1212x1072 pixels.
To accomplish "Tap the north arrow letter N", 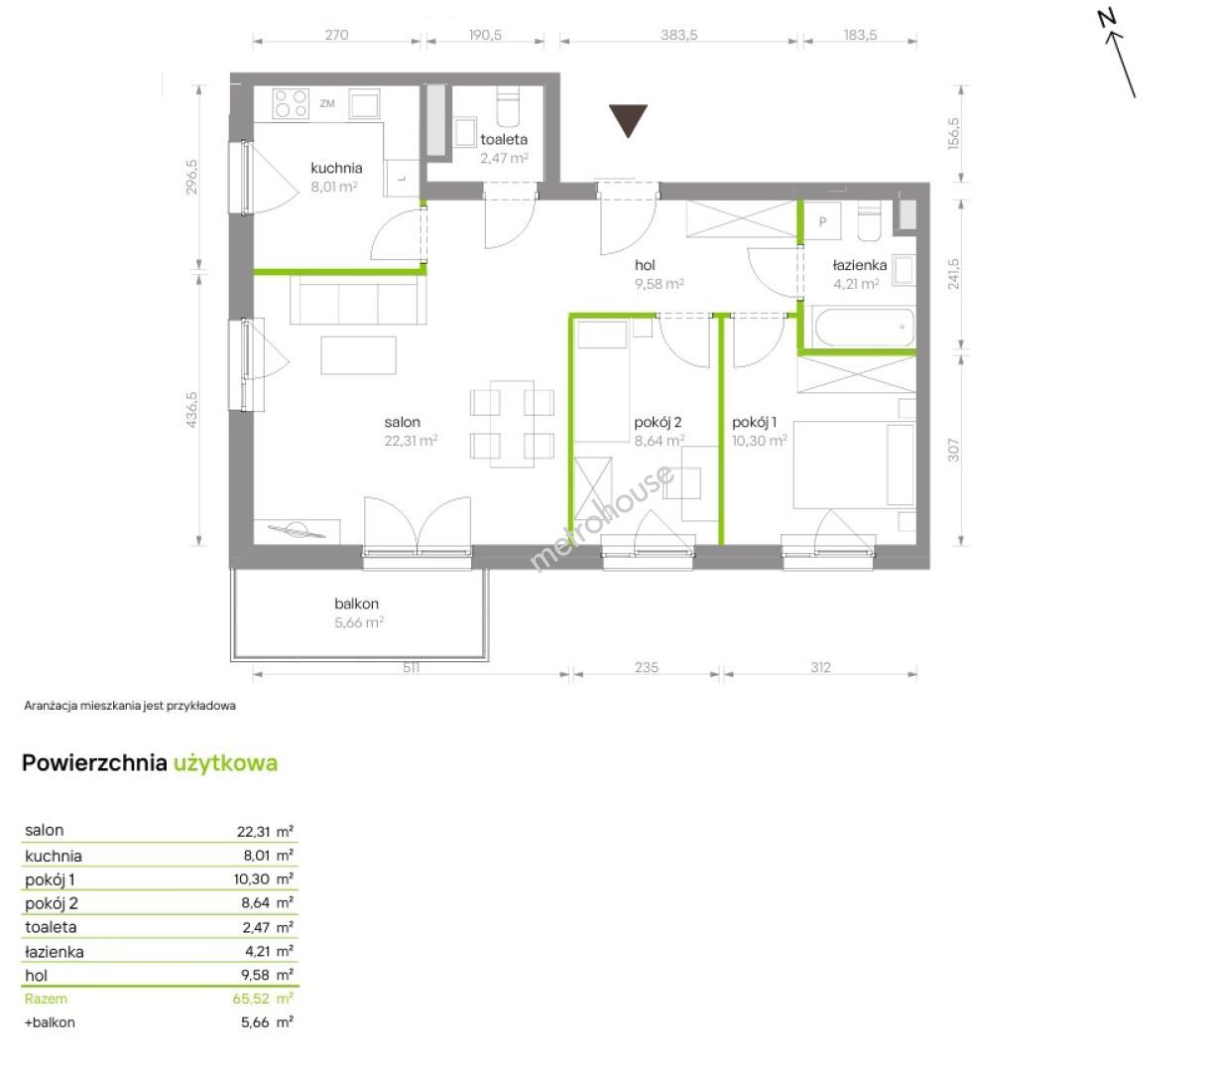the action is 1107,19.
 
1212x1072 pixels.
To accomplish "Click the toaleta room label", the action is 504,140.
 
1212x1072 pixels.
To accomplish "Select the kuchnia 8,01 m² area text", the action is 334,187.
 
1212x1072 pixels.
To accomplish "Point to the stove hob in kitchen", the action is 291,103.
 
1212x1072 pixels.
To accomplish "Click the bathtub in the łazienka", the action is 865,327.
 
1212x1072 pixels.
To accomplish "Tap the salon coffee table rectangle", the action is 358,355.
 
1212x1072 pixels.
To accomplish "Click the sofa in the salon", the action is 358,299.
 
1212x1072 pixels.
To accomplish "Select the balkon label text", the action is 356,603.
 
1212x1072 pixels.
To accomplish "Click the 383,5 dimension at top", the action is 679,35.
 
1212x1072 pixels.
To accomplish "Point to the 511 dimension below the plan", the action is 411,667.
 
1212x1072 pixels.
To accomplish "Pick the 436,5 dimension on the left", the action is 191,409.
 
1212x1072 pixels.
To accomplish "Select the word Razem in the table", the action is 46,999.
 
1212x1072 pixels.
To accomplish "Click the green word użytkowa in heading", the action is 225,763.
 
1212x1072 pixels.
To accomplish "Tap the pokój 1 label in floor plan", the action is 755,422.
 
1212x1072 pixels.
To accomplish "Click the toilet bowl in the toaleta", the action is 508,106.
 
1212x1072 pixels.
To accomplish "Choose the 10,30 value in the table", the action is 252,879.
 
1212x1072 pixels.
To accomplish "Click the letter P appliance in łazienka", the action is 822,221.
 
